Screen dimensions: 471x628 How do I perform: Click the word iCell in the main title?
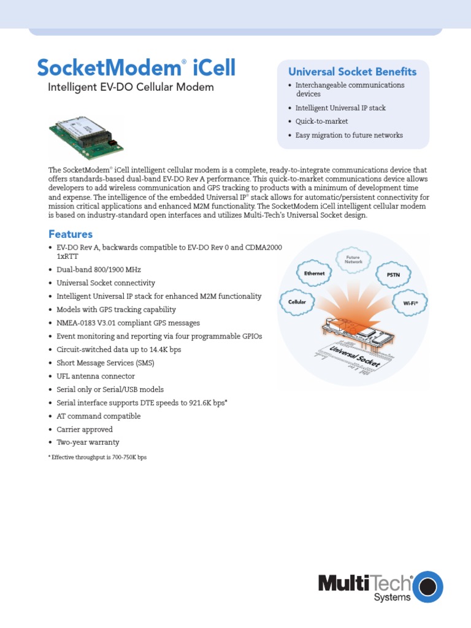coord(214,67)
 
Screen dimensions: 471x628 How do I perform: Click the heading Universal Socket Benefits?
coord(353,72)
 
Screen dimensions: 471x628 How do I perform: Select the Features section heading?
coord(71,234)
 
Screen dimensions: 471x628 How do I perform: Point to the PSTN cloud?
coord(393,275)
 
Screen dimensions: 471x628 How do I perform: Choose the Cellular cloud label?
coord(297,302)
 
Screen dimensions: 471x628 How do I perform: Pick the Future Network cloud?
coord(353,259)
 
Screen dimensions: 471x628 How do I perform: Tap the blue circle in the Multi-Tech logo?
coord(428,586)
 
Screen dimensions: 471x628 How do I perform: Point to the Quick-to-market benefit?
coord(321,121)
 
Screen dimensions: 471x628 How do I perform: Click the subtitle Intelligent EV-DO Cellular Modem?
coord(131,87)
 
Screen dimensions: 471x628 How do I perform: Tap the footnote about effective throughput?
coord(98,458)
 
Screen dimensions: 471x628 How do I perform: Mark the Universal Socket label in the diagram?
coord(355,356)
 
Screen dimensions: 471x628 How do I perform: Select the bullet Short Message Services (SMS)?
coord(105,362)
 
